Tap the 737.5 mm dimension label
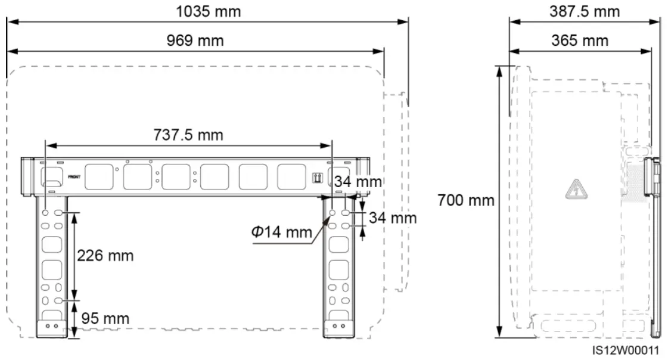(188, 135)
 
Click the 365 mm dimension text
(579, 41)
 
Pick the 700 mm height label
(466, 200)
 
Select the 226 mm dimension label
(105, 256)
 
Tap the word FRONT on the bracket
(74, 177)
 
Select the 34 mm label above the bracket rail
(358, 181)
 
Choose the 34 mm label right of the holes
(392, 218)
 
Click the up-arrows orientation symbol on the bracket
(317, 178)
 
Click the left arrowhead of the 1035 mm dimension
(10, 21)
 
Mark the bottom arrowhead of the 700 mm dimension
(499, 335)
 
